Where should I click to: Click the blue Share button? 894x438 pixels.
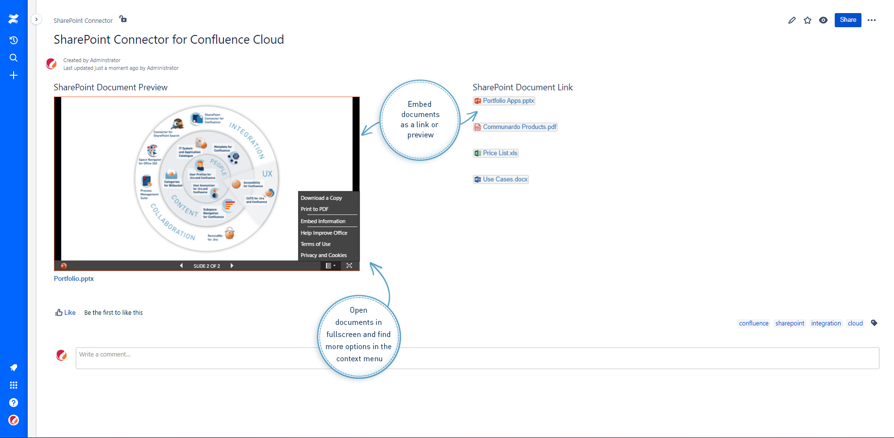(848, 20)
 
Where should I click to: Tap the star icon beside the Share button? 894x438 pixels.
(808, 20)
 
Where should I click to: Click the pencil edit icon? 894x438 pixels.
(792, 20)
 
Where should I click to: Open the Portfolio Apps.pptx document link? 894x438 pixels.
(508, 101)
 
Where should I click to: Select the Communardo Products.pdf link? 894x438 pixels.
(519, 127)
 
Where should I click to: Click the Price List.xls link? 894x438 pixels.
(499, 153)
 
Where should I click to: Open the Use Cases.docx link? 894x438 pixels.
(505, 180)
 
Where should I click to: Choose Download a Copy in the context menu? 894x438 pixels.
(321, 198)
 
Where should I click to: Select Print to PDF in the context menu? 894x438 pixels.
(314, 209)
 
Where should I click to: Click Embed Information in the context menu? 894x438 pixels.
(323, 221)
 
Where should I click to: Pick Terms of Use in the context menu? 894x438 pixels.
(315, 244)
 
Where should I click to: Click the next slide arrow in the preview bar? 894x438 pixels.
(232, 266)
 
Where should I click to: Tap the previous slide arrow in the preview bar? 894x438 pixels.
(181, 266)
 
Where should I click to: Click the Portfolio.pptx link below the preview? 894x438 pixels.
(74, 279)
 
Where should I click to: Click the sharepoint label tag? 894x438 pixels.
(790, 323)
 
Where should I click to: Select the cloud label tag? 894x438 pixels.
(855, 323)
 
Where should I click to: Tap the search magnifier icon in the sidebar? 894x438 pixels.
(14, 58)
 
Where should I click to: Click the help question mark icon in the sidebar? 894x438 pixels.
(14, 403)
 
